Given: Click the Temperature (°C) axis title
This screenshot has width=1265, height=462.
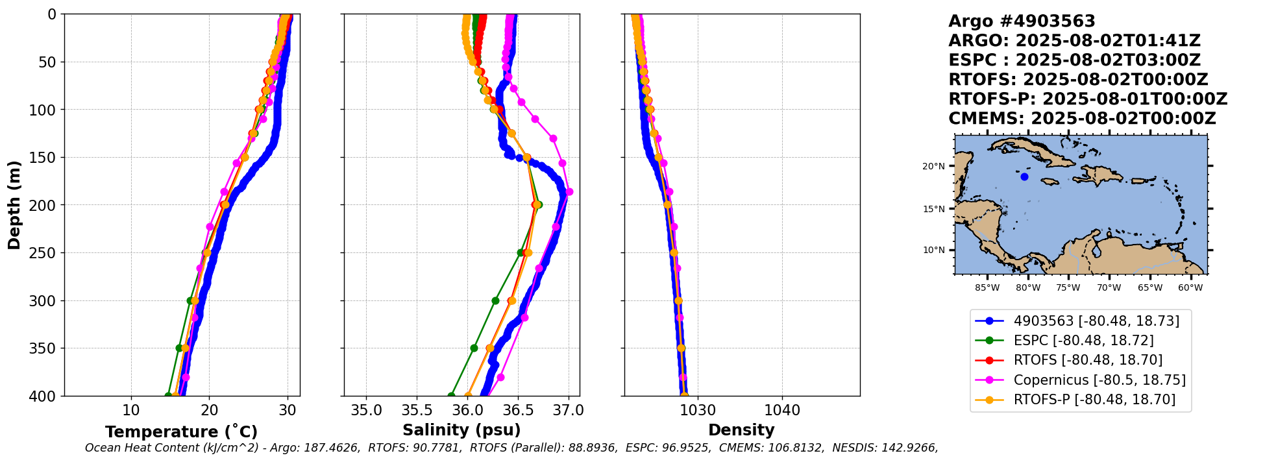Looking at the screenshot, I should tap(181, 432).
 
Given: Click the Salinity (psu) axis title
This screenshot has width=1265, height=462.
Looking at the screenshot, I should tap(461, 430).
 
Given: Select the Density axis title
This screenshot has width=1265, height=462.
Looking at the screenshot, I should tap(741, 430).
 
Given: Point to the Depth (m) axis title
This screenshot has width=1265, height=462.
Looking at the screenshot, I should tap(14, 205).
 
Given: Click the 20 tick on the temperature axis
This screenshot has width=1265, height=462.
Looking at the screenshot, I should tap(209, 411).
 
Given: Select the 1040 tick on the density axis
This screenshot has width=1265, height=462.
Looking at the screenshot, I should tap(781, 411).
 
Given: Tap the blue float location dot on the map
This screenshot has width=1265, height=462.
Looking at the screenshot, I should tap(1024, 176).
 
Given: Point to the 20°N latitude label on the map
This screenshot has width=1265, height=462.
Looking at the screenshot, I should tap(933, 166).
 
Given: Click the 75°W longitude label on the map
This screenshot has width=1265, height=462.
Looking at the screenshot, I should tap(1068, 287).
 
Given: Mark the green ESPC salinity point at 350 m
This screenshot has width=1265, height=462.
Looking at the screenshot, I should tap(474, 348).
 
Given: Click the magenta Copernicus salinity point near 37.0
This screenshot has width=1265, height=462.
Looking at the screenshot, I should tap(569, 192).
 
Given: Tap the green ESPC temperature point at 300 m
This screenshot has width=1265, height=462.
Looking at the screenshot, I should tap(190, 300).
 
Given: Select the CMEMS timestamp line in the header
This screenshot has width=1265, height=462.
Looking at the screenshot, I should tap(1082, 119).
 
